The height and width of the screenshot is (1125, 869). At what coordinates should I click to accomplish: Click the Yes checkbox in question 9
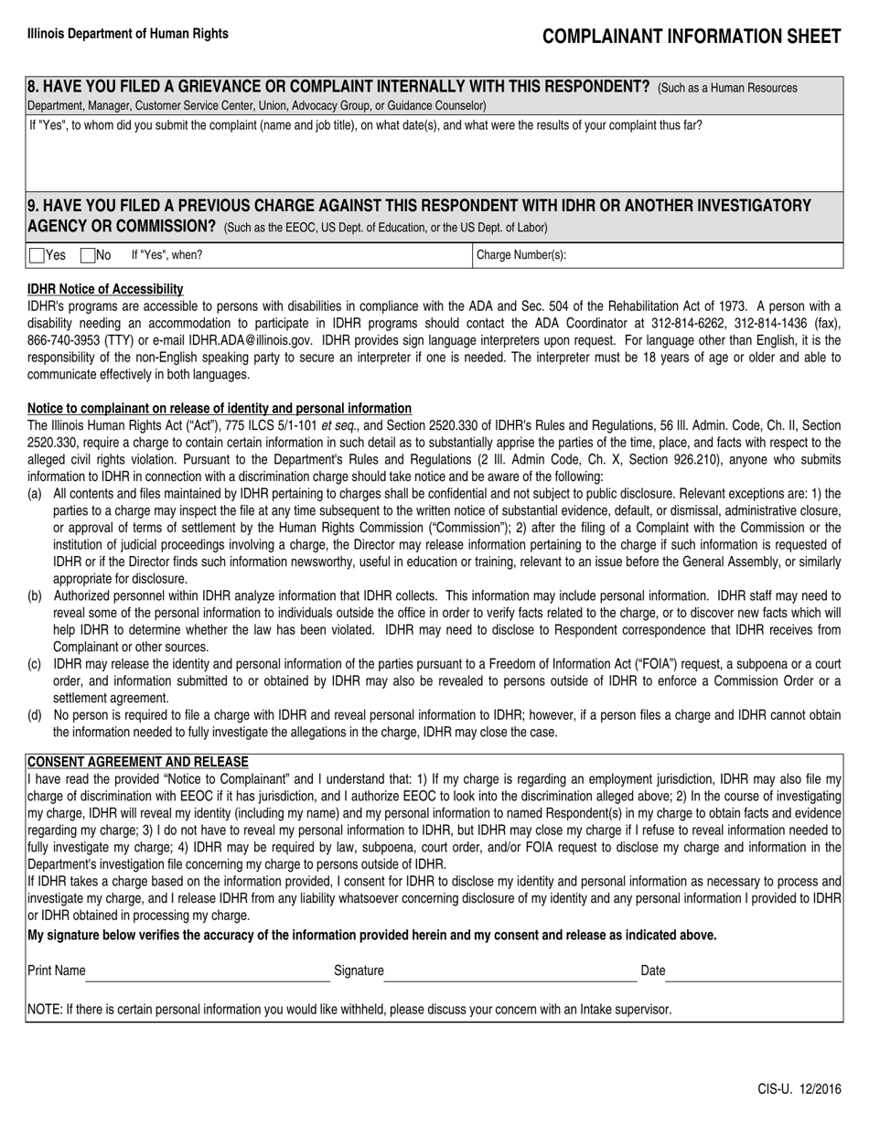[x=37, y=256]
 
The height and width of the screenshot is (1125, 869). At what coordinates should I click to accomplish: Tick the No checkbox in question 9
[x=88, y=256]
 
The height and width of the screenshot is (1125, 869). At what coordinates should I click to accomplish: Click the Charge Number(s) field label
[x=521, y=256]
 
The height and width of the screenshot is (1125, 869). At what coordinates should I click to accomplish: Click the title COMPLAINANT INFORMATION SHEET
[x=692, y=37]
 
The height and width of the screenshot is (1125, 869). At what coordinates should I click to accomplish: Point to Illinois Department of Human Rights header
[x=128, y=34]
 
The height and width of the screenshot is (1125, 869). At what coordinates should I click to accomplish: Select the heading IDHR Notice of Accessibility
[x=105, y=289]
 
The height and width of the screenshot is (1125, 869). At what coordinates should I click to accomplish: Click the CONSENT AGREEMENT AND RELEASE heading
[x=137, y=762]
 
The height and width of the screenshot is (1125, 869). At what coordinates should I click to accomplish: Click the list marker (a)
[x=35, y=494]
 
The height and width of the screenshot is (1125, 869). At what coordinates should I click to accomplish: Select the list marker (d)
[x=35, y=715]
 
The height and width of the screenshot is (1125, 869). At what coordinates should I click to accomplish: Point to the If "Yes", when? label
[x=167, y=256]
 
